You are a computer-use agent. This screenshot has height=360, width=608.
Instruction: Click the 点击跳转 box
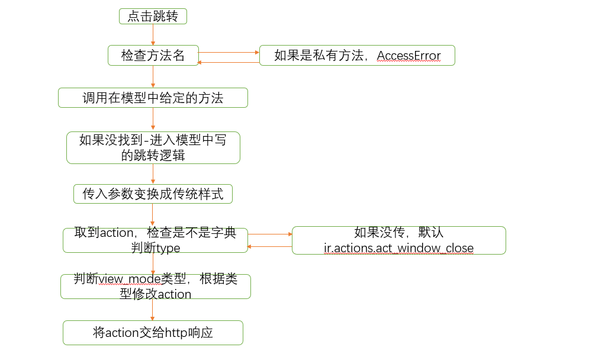point(153,17)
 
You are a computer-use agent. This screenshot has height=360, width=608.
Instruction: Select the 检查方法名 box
point(153,56)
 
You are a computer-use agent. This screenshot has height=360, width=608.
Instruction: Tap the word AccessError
point(409,56)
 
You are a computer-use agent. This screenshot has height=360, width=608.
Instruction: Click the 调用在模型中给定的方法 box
point(153,98)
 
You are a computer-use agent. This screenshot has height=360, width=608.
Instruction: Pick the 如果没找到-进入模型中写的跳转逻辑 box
point(153,147)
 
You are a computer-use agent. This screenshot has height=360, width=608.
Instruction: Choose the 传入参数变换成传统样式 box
point(153,194)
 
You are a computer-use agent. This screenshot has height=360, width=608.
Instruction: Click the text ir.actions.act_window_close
point(399,247)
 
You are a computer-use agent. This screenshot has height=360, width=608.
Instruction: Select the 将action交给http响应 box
point(153,333)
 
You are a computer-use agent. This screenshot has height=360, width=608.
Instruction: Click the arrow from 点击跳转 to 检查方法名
point(153,35)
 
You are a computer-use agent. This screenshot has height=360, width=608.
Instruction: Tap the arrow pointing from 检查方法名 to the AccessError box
point(229,52)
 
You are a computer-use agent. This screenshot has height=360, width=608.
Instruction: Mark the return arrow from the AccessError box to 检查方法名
point(229,62)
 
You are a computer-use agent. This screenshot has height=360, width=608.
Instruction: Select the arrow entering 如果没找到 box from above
point(153,120)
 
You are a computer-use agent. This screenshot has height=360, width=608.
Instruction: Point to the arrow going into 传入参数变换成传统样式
point(153,174)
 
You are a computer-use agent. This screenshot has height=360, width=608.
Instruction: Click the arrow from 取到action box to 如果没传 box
point(269,234)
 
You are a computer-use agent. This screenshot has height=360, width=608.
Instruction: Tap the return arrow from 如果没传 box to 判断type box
point(269,246)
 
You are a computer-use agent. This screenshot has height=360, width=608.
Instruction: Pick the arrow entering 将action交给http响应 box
point(153,310)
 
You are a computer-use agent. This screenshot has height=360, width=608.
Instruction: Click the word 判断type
point(155,247)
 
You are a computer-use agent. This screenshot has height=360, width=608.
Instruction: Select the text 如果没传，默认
point(398,233)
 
